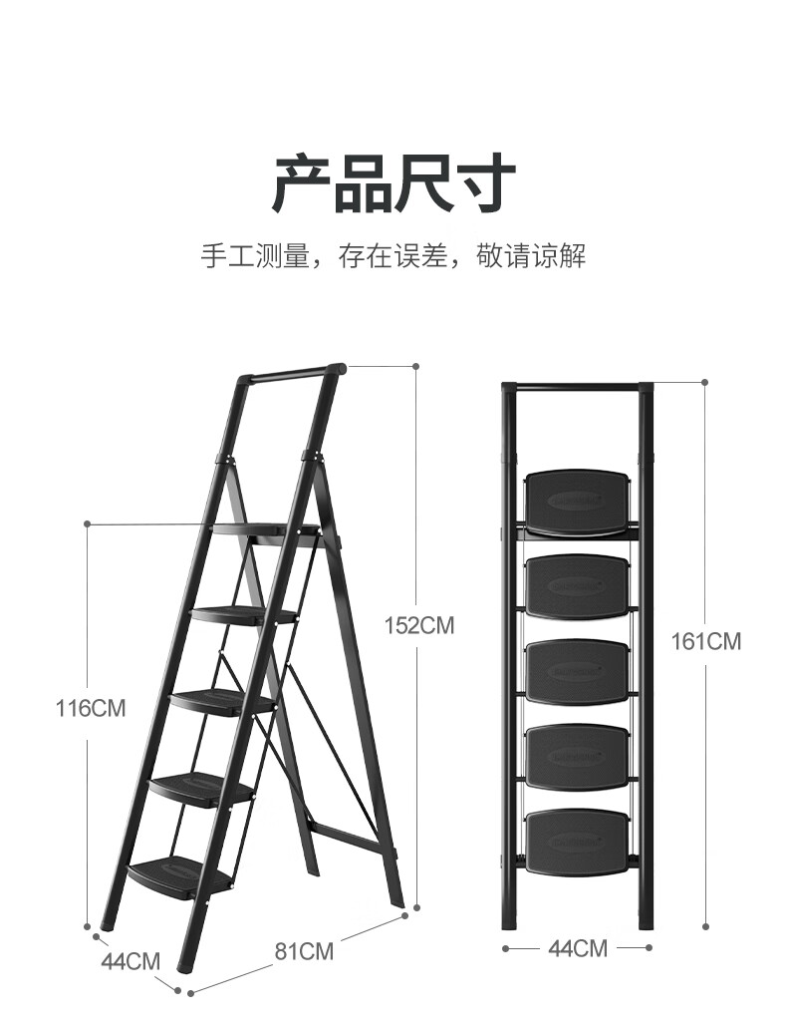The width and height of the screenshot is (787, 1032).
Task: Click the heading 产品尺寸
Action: tap(393, 183)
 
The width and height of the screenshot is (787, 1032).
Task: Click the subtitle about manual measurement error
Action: tap(393, 256)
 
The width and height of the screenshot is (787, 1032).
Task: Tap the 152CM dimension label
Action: tap(419, 626)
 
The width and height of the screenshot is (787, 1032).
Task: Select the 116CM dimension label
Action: tap(91, 709)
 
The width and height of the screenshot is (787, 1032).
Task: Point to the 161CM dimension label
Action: tap(707, 641)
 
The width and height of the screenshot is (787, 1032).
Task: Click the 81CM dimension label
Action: tap(304, 951)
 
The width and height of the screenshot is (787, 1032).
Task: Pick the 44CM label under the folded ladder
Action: tap(578, 948)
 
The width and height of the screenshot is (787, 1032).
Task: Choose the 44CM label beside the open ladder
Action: tap(131, 962)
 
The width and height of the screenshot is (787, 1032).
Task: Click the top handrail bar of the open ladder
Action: tap(289, 376)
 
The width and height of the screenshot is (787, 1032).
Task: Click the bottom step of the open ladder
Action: tap(180, 873)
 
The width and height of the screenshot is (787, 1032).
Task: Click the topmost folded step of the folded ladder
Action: tap(578, 503)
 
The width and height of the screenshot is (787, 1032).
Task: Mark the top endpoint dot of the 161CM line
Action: tap(705, 382)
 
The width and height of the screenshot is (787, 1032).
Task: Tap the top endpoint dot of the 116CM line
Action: tap(88, 523)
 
